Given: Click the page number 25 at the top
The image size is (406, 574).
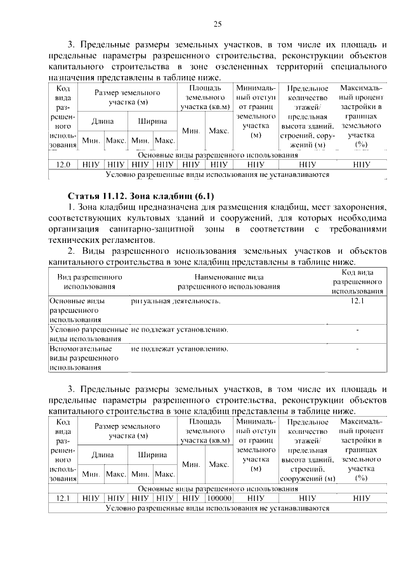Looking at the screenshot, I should [217, 24].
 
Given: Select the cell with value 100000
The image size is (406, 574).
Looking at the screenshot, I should [219, 499].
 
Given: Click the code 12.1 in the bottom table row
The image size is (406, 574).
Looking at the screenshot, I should [63, 499].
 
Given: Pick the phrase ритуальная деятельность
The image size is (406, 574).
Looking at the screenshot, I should [176, 301].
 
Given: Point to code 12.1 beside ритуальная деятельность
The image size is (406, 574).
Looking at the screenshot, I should [357, 301].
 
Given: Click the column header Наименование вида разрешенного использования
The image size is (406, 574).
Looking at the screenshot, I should [228, 282].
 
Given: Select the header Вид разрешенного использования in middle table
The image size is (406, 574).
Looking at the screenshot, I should [89, 282].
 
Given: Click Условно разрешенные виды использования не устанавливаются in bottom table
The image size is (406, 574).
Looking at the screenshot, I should [218, 508].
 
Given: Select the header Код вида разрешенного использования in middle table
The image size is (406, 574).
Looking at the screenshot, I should [357, 282].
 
